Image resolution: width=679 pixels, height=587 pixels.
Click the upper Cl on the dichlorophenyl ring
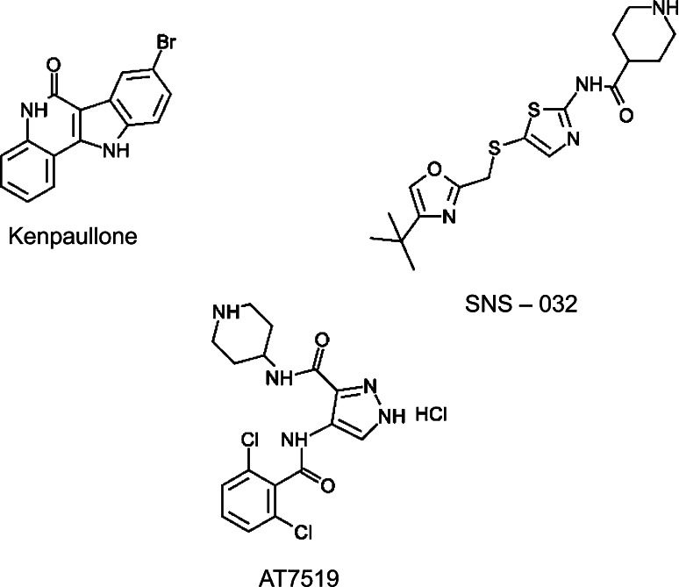coord(247,444)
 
